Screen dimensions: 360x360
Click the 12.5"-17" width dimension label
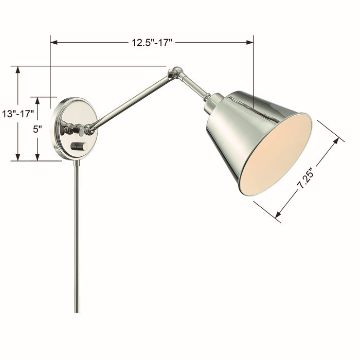pos(152,43)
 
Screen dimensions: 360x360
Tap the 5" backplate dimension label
pos(37,129)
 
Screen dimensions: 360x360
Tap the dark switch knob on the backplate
pos(78,147)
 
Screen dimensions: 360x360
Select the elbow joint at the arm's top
pos(177,74)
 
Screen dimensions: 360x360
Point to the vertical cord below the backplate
pos(77,231)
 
